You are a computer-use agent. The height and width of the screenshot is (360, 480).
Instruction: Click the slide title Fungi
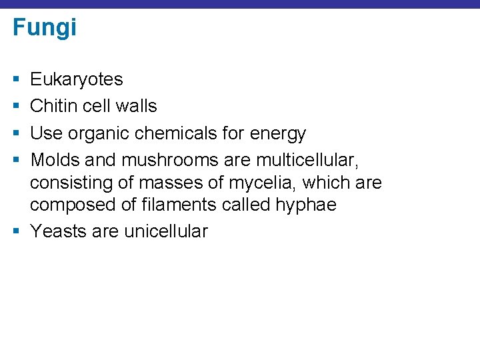tap(45, 28)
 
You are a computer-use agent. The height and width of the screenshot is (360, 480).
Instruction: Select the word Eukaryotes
tap(77, 79)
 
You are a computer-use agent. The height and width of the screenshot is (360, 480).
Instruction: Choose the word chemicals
tap(176, 133)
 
